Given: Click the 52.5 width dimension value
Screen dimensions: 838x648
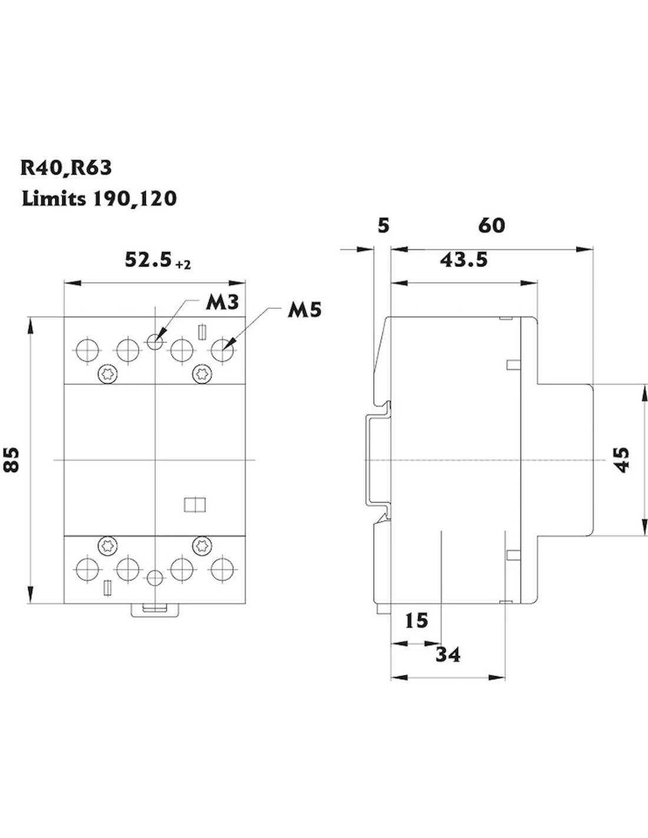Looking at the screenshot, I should coord(148,260).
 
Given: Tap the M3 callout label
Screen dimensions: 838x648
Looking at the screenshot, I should coord(222,302).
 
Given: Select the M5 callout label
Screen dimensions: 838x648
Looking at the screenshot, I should coord(305,310).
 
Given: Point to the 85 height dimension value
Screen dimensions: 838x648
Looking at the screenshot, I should coord(12,460).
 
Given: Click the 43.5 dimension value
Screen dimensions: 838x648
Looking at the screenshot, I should coord(464,259).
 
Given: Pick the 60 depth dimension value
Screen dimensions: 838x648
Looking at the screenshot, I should coord(491,226).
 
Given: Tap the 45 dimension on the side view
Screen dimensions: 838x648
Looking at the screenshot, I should coord(622,460).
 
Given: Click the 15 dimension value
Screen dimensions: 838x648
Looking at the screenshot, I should coord(416,621).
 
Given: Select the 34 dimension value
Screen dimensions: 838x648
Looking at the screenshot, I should coord(448,654).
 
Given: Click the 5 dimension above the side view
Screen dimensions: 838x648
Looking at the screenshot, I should coord(383,226).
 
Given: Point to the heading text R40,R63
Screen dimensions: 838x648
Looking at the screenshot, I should coord(66,168).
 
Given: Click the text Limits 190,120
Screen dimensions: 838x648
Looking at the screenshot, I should coord(99,199).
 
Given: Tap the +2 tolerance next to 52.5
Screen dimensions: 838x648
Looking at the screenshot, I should coord(183,265).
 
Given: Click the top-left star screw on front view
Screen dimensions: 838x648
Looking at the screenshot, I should coord(108,372).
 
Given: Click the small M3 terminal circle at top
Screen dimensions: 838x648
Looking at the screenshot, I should coord(154,341).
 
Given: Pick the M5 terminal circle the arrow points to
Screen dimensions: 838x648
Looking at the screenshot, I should coord(223,350).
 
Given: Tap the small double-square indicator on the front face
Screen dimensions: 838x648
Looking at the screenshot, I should coord(194,505).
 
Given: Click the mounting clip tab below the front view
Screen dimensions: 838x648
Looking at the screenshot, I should coord(154,611).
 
